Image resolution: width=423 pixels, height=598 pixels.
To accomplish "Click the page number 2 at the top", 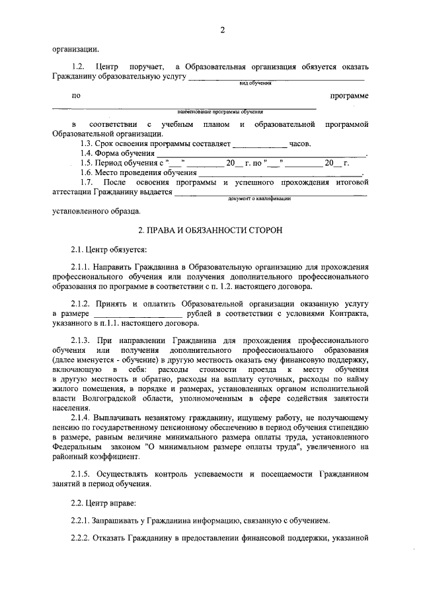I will (x=222, y=29).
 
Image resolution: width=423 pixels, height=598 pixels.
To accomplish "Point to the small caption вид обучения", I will (x=255, y=84).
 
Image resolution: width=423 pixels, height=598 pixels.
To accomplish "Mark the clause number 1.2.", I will (x=78, y=67).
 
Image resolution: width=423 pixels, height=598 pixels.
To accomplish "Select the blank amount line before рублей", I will (x=132, y=315).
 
